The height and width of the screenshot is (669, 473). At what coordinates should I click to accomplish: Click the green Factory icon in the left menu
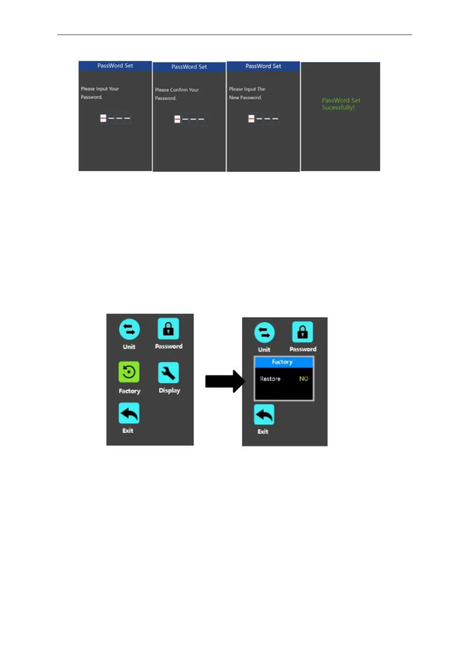(129, 372)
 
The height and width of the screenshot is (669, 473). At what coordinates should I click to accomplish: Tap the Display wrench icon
(169, 373)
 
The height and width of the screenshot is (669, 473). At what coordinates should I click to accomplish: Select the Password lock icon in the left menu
(168, 329)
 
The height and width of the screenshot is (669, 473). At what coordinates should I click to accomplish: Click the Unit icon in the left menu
(129, 329)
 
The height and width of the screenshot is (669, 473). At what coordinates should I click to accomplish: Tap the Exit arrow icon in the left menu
(129, 413)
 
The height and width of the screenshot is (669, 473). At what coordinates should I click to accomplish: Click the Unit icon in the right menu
(264, 333)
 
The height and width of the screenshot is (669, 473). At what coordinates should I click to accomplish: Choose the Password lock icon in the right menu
(302, 332)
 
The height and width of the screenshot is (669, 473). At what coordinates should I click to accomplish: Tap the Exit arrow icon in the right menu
(264, 415)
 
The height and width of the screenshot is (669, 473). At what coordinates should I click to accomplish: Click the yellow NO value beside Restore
(304, 379)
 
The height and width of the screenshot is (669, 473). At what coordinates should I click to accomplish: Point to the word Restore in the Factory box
(270, 379)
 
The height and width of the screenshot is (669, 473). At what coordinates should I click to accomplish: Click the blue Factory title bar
(284, 362)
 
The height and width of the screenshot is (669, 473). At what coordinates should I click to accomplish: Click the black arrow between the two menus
(225, 381)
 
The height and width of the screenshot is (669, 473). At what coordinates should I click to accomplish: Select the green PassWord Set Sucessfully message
(341, 104)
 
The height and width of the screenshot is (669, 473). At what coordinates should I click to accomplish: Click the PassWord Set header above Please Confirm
(189, 67)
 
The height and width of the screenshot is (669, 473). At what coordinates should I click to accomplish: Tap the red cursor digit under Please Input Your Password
(103, 118)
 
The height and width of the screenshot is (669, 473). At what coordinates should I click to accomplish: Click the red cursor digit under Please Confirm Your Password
(177, 119)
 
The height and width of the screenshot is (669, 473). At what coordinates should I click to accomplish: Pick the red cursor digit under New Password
(251, 118)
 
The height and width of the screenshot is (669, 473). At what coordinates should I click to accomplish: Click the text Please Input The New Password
(247, 93)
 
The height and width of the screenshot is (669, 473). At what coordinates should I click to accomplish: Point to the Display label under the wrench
(169, 391)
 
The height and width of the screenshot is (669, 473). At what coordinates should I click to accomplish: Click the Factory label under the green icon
(130, 391)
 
